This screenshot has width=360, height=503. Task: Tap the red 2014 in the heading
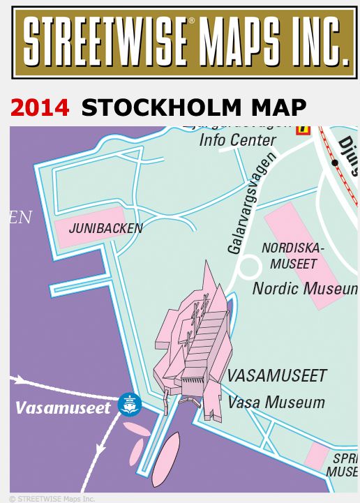pyautogui.click(x=40, y=107)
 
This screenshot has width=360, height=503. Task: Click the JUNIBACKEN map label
pyautogui.click(x=105, y=228)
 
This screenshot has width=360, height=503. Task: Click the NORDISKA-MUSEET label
pyautogui.click(x=293, y=255)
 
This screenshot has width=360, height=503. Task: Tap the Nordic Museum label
pyautogui.click(x=304, y=288)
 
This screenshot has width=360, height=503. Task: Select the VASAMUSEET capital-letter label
pyautogui.click(x=276, y=376)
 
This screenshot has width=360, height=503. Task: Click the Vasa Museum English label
pyautogui.click(x=276, y=403)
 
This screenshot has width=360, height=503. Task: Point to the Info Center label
pyautogui.click(x=238, y=140)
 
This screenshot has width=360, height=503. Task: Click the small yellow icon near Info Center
pyautogui.click(x=303, y=129)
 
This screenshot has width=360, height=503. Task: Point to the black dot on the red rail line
pyautogui.click(x=336, y=163)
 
